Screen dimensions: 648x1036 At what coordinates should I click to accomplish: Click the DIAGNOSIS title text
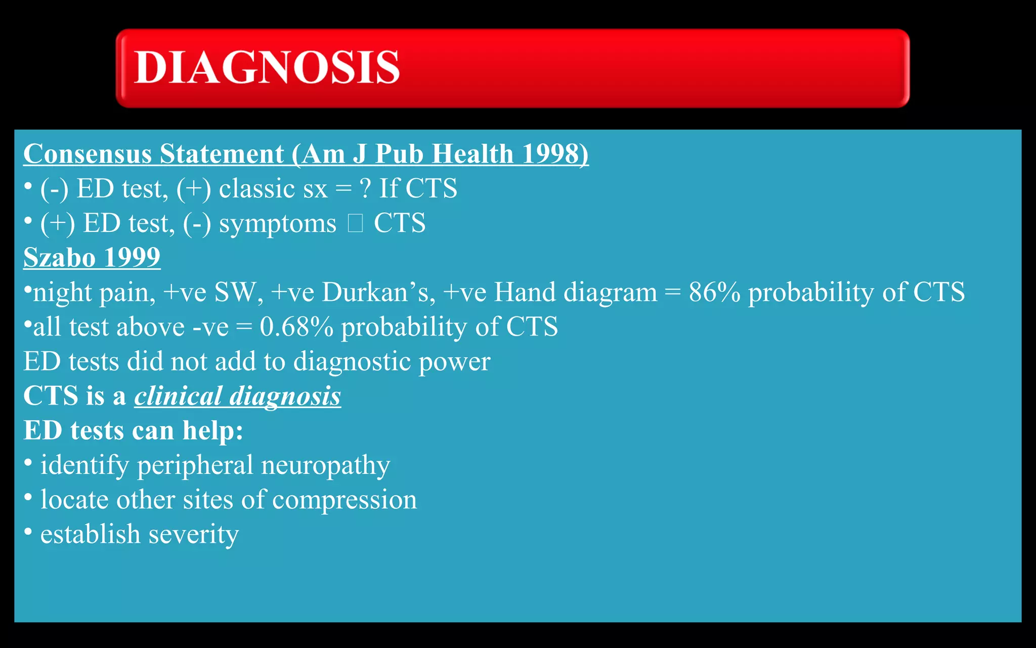pyautogui.click(x=267, y=67)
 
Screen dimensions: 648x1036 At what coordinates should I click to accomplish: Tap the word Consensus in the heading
pyautogui.click(x=87, y=154)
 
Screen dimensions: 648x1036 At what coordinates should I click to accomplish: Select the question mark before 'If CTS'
pyautogui.click(x=365, y=189)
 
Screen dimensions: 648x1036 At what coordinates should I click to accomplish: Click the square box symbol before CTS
pyautogui.click(x=355, y=223)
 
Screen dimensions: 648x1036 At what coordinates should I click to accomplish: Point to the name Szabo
pyautogui.click(x=59, y=258)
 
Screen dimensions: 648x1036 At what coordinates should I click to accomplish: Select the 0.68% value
pyautogui.click(x=296, y=327)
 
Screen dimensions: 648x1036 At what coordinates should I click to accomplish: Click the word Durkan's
pyautogui.click(x=378, y=293)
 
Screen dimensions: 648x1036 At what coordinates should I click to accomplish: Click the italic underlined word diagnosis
pyautogui.click(x=285, y=396)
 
